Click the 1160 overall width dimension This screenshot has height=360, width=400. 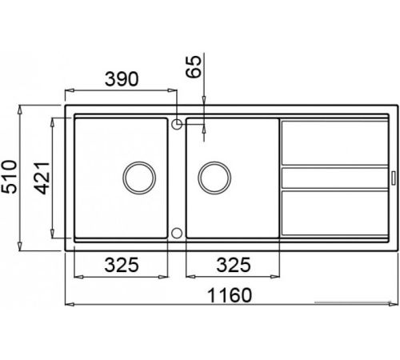229,295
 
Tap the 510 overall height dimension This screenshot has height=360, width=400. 10,177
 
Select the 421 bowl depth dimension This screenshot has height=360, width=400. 42,178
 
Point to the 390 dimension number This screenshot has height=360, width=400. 122,79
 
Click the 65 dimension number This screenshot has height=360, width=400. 194,66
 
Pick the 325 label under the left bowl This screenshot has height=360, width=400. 122,265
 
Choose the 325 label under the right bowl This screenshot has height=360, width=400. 234,265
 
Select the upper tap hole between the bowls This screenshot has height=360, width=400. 177,124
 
